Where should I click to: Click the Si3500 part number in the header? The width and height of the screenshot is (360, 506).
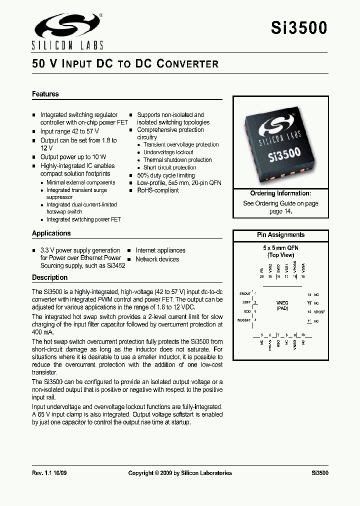[x=299, y=28]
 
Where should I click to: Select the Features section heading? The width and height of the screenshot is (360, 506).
[x=45, y=94]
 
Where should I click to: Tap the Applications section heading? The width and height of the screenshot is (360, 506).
[x=51, y=233]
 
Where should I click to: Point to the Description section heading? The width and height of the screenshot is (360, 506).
[x=49, y=277]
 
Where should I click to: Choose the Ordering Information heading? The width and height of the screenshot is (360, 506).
[x=280, y=193]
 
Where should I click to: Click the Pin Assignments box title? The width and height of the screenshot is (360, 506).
[x=280, y=235]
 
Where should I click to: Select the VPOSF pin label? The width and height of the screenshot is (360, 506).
[x=319, y=311]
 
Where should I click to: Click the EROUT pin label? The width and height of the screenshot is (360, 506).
[x=245, y=294]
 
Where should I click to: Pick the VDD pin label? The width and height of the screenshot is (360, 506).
[x=247, y=311]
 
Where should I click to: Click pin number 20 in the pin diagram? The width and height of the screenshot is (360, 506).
[x=261, y=276]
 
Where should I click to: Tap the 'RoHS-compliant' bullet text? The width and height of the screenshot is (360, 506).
[x=157, y=190]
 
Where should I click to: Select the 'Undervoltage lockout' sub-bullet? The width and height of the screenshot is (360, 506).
[x=168, y=152]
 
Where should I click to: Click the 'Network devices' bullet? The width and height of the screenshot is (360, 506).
[x=157, y=259]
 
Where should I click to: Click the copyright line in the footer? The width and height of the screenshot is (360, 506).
[x=180, y=473]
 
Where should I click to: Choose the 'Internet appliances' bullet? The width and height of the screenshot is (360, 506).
[x=160, y=250]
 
